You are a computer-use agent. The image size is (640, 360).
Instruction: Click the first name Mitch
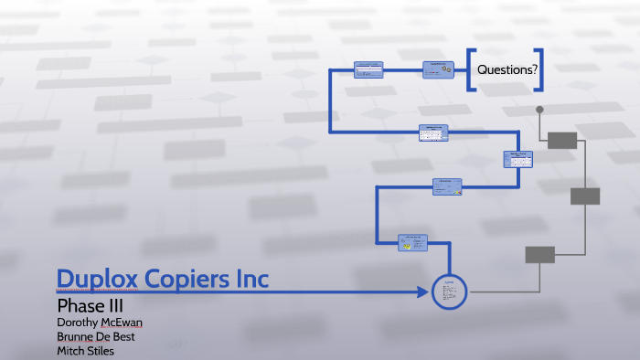click(70, 351)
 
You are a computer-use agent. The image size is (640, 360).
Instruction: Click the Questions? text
click(506, 69)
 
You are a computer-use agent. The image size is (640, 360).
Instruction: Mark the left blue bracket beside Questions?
click(471, 69)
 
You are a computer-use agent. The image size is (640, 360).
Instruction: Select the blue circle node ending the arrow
click(450, 292)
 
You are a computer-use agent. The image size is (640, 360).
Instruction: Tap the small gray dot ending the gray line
click(539, 110)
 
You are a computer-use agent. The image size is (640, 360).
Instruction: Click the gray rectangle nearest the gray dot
click(563, 140)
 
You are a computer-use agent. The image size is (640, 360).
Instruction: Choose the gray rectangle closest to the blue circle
click(539, 255)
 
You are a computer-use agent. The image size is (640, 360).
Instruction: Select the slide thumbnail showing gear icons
click(435, 69)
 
